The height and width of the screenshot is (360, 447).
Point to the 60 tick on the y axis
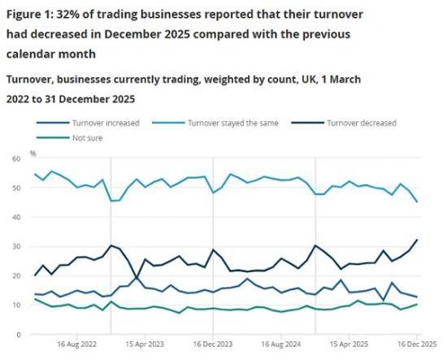click(x=15, y=159)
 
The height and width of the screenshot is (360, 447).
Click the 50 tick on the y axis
click(x=15, y=189)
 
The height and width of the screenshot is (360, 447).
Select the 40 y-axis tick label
click(x=15, y=218)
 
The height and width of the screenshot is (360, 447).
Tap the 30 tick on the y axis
click(x=15, y=247)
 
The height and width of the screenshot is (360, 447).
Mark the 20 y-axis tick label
click(x=15, y=276)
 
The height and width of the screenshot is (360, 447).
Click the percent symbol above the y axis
click(x=33, y=152)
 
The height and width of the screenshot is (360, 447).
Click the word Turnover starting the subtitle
click(x=31, y=80)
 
